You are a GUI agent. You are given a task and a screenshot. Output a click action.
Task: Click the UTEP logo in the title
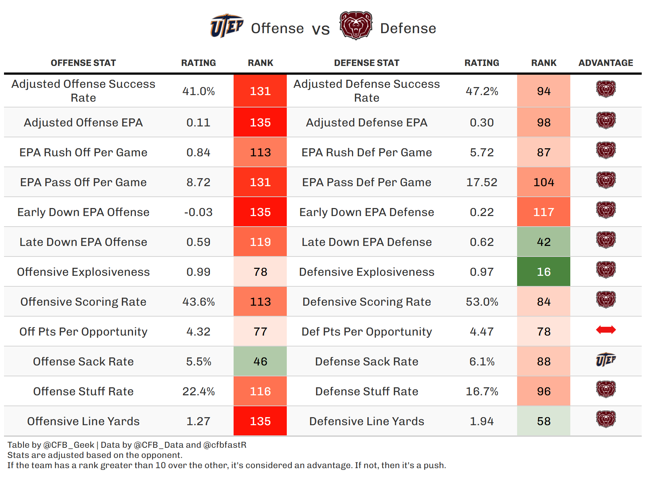point(226,26)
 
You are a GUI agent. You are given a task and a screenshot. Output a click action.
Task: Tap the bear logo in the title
point(356,26)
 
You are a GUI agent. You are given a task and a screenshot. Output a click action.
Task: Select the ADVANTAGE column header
point(606,63)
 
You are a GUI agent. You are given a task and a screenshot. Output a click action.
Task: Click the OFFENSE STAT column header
point(83,63)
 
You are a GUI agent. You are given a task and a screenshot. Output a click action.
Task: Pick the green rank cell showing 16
point(543,272)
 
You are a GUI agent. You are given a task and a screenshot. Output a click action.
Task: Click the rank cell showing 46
point(260,361)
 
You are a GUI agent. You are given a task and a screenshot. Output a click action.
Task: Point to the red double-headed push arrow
point(606,330)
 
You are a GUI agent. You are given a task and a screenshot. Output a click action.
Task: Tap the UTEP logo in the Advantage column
point(606,360)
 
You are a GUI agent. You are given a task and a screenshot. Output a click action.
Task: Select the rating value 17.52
point(482,182)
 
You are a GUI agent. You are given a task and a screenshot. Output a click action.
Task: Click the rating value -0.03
point(198,212)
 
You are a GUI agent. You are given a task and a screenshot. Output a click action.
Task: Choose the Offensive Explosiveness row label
point(83,272)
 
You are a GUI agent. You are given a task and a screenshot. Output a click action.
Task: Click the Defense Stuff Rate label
point(367,391)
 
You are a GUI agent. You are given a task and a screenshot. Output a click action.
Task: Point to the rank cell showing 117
point(543,212)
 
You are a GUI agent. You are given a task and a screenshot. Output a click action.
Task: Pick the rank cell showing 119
point(260,242)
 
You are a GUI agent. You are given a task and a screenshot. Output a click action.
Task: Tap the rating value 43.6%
point(198,302)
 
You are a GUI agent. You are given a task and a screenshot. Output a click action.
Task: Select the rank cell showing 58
point(543,421)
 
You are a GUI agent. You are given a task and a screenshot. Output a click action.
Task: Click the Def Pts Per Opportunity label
point(367,332)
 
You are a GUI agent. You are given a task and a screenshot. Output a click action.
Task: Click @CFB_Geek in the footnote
point(69,445)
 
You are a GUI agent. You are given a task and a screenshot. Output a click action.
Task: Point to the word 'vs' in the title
point(321,29)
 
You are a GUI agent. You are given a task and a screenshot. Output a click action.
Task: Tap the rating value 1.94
point(482,421)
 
